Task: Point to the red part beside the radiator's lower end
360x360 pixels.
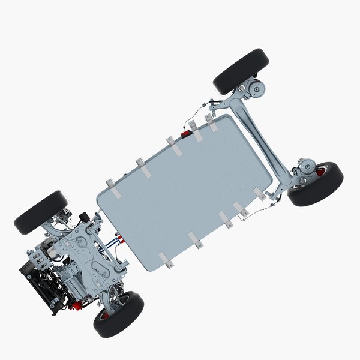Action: pos(76,307)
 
